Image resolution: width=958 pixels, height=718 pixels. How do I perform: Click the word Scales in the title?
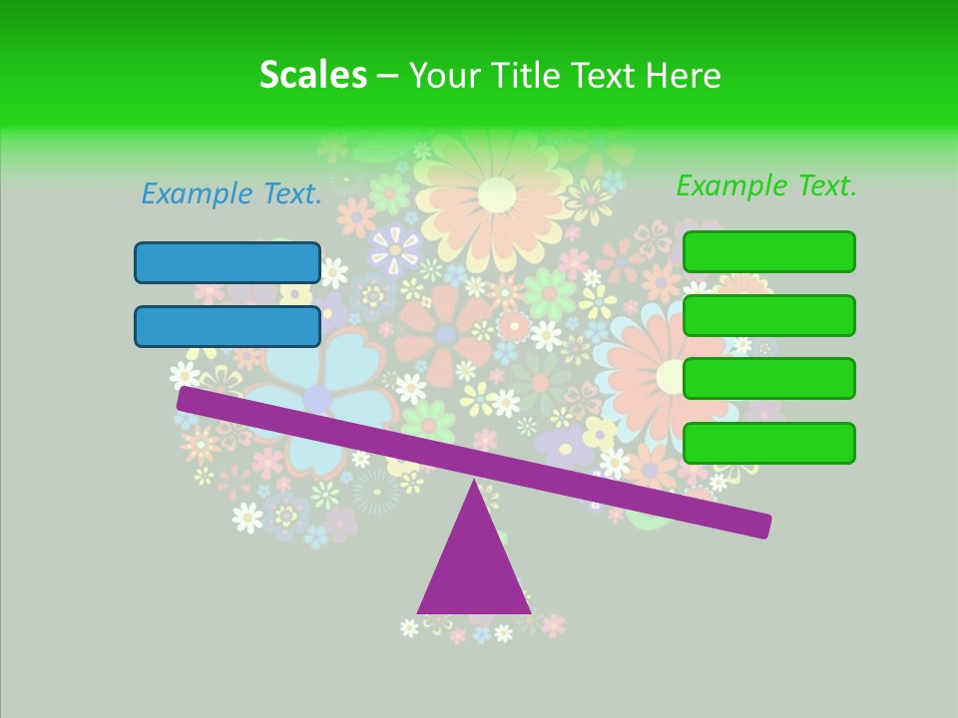(312, 75)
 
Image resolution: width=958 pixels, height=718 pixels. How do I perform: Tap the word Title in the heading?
(537, 75)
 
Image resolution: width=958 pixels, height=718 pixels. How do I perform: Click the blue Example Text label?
(232, 194)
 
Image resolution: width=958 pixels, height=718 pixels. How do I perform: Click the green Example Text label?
(766, 185)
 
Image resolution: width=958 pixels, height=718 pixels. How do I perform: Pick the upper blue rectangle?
(228, 262)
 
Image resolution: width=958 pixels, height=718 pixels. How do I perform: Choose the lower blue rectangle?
(228, 326)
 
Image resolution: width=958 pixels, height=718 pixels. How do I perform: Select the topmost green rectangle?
(768, 251)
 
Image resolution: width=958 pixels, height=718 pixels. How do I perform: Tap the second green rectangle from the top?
(768, 315)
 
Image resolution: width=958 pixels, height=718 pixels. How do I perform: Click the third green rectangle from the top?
(768, 378)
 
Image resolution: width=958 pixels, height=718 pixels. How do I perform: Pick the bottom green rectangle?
(768, 443)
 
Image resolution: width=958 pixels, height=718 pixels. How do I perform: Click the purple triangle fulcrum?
(474, 568)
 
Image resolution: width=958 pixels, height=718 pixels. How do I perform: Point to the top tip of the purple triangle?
(474, 485)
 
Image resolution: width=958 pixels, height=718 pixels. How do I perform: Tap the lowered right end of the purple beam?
(762, 526)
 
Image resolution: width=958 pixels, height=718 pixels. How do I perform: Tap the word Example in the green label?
(731, 185)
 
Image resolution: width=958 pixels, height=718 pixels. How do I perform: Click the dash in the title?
(387, 76)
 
